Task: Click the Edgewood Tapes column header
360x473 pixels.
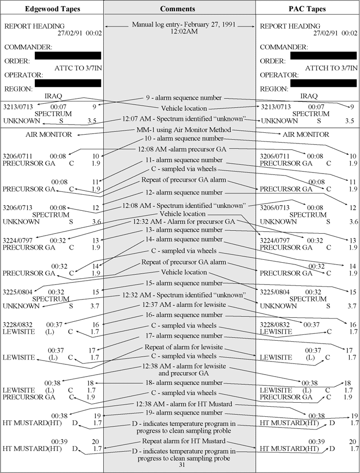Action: click(52, 9)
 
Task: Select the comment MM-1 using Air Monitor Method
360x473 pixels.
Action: click(183, 130)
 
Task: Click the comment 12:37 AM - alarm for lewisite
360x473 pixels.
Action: click(179, 305)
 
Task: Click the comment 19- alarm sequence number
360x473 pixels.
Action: click(179, 413)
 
